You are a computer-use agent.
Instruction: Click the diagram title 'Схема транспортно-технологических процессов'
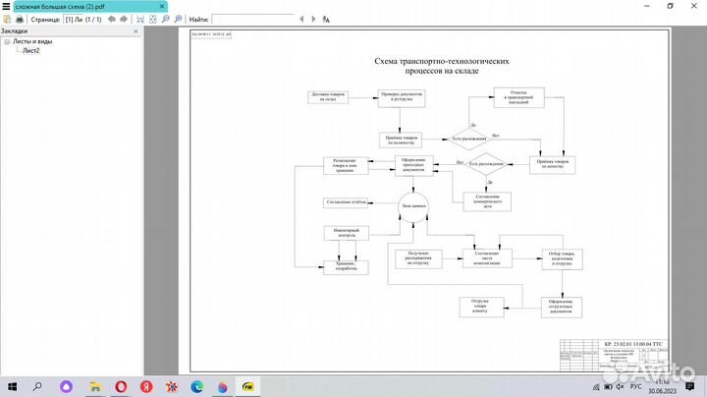pyautogui.click(x=442, y=66)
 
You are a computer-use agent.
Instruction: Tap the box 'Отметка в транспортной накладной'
pyautogui.click(x=518, y=98)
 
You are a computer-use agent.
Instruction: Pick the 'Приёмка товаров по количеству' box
pyautogui.click(x=402, y=140)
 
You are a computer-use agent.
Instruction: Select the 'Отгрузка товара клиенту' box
pyautogui.click(x=480, y=306)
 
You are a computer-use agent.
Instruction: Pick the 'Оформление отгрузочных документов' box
pyautogui.click(x=561, y=306)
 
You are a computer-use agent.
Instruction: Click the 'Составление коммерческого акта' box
pyautogui.click(x=488, y=198)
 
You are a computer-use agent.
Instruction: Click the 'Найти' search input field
pyautogui.click(x=265, y=19)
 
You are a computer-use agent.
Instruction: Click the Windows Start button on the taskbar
pyautogui.click(x=12, y=386)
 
